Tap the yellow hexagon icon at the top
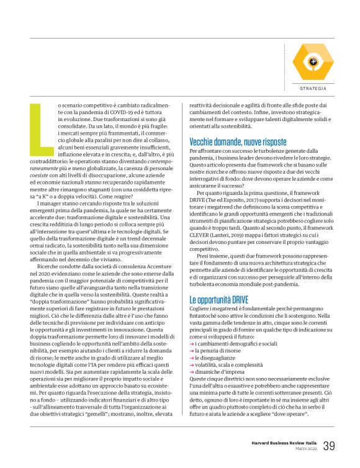(313, 61)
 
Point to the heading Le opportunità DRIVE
(218, 300)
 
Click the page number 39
(329, 446)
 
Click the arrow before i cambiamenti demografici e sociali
(191, 344)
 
